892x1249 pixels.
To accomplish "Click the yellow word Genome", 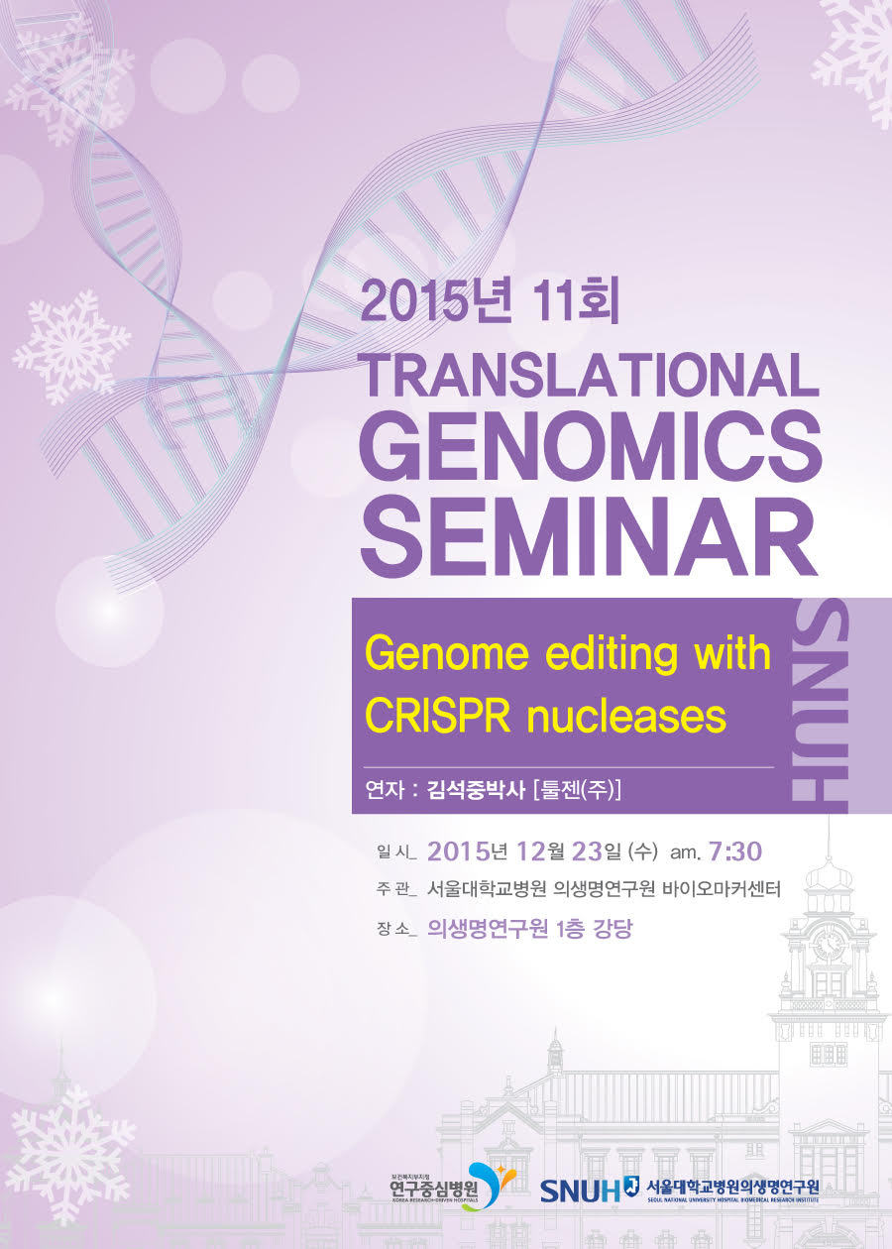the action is (446, 655).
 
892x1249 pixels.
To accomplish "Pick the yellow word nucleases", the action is (626, 717).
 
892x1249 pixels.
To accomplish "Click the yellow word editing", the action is (611, 655).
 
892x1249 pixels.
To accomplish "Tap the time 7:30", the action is (735, 852).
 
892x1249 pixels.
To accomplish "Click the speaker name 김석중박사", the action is (476, 790).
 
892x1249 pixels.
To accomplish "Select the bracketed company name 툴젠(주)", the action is (577, 790).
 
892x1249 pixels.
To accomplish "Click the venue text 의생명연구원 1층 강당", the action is (529, 929).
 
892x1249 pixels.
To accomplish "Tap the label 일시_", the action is (395, 852).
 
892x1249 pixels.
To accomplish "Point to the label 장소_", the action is (395, 929).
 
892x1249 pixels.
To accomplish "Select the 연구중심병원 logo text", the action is (434, 1189).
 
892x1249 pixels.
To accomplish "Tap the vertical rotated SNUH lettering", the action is (820, 707).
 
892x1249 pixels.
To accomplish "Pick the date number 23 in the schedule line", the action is (587, 852).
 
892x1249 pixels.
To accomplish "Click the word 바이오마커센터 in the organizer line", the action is (722, 889).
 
